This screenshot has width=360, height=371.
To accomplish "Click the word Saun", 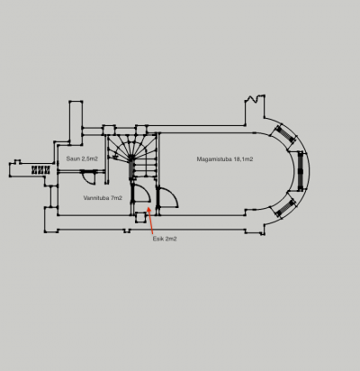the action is (73, 158).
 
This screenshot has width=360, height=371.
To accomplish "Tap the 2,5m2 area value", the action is (90, 158).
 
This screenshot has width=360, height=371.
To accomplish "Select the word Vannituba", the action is (96, 198).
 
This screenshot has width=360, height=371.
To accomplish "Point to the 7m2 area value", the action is (116, 198).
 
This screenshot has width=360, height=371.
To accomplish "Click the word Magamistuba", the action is (214, 159).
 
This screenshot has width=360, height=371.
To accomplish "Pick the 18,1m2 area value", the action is (243, 159).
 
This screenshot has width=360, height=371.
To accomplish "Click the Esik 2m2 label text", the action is (165, 239).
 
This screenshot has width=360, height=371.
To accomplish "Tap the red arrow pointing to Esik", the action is (150, 220).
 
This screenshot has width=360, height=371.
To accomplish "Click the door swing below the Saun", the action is (88, 177).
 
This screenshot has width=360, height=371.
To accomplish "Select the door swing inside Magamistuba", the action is (168, 197).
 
